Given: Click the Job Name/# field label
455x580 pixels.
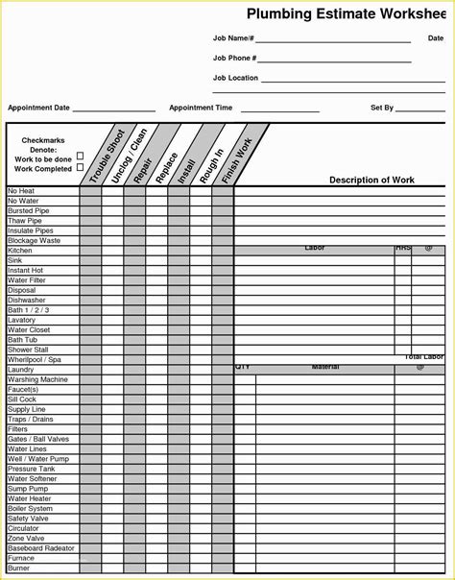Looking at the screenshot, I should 233,38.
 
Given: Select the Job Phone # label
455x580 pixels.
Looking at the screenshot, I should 234,59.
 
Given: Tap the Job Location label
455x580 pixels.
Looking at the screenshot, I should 235,78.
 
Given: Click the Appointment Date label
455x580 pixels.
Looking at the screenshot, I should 39,109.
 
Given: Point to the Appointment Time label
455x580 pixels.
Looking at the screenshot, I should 201,109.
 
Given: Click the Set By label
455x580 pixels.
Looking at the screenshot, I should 382,109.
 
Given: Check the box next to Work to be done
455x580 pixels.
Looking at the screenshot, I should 80,156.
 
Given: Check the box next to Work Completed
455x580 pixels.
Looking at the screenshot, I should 80,167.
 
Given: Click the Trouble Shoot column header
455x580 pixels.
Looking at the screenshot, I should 106,157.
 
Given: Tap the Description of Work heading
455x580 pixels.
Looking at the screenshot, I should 371,180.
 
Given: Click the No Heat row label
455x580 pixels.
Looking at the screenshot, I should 22,191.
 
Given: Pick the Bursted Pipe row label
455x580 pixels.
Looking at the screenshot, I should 28,210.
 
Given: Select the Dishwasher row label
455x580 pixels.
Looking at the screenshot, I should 26,300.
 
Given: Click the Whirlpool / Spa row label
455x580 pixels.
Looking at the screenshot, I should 34,359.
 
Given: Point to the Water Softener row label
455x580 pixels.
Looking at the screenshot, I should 32,478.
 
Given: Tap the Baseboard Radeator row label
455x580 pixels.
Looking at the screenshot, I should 40,547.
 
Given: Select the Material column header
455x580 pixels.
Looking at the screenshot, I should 325,367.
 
